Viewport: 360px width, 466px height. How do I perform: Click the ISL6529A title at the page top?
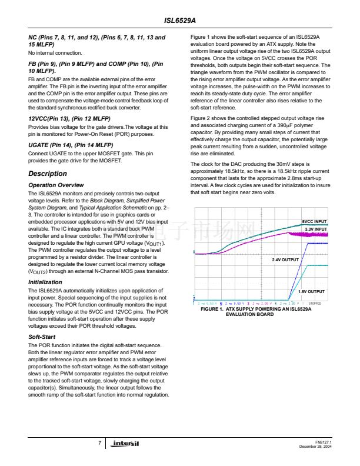[180, 19]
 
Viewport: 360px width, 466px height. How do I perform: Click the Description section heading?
[48, 174]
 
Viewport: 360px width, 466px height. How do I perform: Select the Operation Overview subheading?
[56, 185]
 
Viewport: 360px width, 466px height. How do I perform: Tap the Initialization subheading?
[45, 282]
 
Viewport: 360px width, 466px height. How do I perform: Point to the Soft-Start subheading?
[42, 337]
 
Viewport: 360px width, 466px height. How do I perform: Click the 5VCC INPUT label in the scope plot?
[315, 221]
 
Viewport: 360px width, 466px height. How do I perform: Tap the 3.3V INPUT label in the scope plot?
[315, 229]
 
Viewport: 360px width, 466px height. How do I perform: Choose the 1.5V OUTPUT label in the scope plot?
[311, 291]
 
